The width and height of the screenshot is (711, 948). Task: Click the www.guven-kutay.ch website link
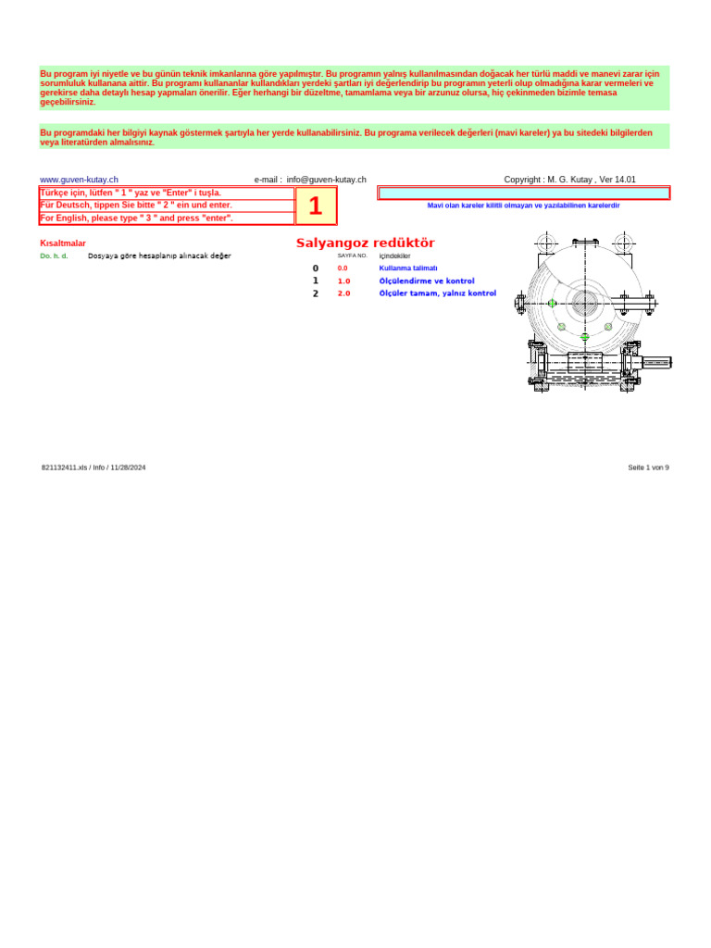click(x=79, y=180)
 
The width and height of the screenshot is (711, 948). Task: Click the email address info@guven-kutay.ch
click(x=326, y=180)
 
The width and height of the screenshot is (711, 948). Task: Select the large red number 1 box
click(x=316, y=206)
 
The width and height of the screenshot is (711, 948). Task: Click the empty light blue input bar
click(x=523, y=193)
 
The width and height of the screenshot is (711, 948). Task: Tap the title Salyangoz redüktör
click(x=365, y=243)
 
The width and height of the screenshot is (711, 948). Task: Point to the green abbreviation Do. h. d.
click(x=54, y=256)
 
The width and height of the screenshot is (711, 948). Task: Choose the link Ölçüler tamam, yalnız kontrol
click(x=437, y=293)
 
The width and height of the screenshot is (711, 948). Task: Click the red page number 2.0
click(x=343, y=293)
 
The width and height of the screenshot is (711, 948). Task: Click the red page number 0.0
click(x=343, y=268)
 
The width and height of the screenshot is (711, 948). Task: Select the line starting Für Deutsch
click(x=136, y=205)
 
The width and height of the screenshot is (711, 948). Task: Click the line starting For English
click(x=136, y=218)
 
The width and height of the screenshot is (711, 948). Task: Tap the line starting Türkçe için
click(x=131, y=193)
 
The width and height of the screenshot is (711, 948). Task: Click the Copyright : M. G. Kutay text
click(x=569, y=180)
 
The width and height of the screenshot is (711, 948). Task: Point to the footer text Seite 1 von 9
click(x=648, y=468)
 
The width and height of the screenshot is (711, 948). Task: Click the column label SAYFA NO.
click(x=352, y=255)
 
